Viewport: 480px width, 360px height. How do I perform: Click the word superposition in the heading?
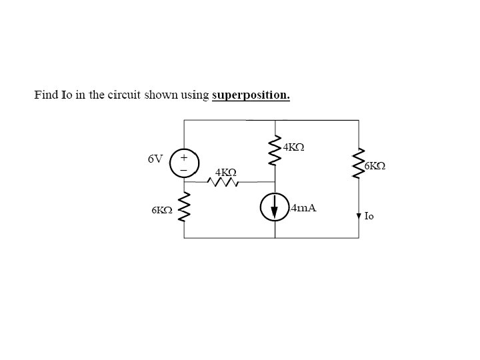click(x=251, y=95)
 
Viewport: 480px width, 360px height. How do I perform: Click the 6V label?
click(x=155, y=159)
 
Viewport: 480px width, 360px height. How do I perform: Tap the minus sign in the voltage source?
click(x=184, y=170)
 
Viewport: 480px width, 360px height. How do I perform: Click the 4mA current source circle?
click(x=275, y=209)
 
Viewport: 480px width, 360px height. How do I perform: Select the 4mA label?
click(x=304, y=208)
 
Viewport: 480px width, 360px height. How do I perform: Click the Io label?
click(x=370, y=216)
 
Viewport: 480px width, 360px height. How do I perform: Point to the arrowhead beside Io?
click(x=359, y=215)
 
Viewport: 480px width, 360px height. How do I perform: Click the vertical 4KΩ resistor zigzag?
click(x=275, y=154)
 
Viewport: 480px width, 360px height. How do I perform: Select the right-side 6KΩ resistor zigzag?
click(x=359, y=163)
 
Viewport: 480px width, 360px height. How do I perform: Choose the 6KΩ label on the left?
click(x=162, y=209)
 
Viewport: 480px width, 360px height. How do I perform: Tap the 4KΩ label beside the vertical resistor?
click(x=293, y=147)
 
